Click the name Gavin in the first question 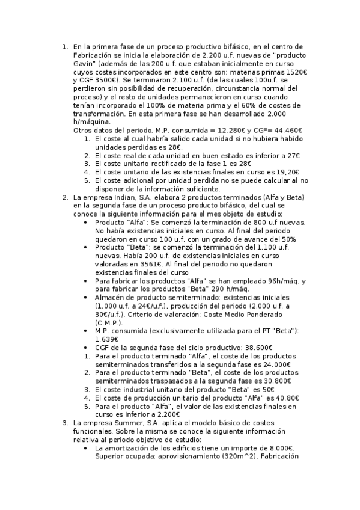(85, 63)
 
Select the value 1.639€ (108, 339)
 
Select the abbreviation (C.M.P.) (112, 322)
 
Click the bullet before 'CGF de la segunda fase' (89, 348)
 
